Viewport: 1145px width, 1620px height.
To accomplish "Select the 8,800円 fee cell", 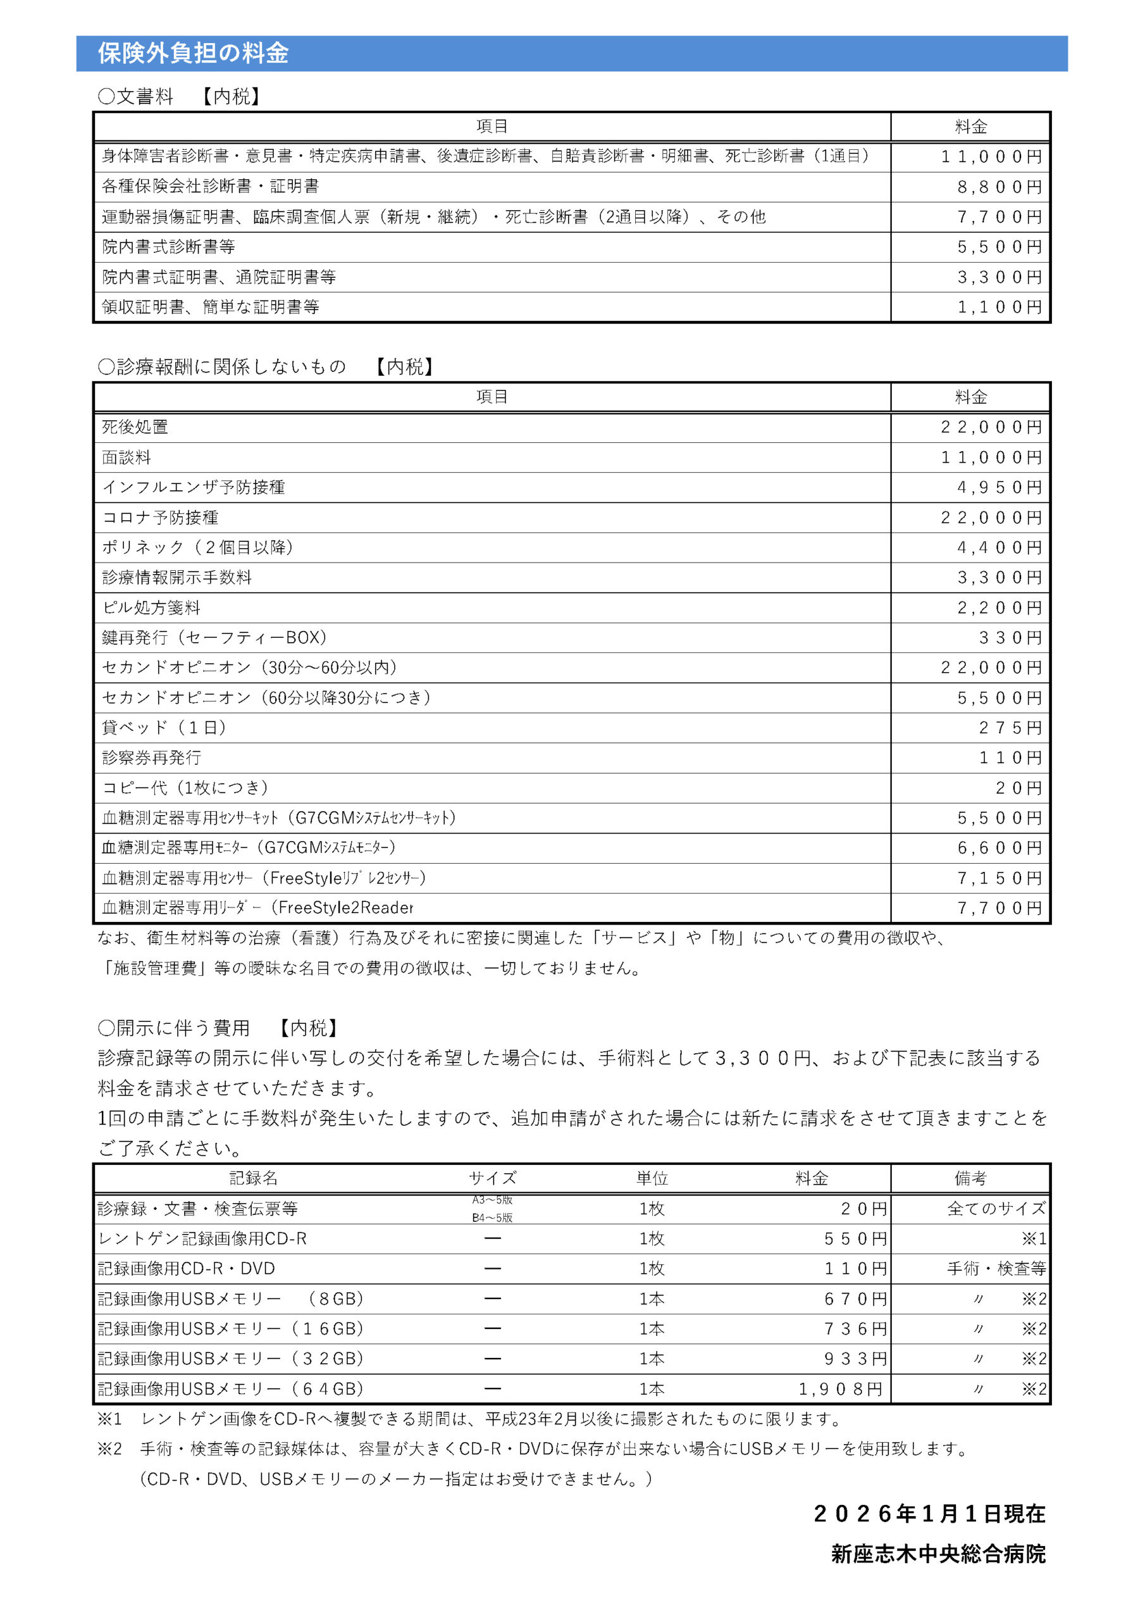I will pos(999,187).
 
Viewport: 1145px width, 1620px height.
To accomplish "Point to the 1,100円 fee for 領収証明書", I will pos(999,307).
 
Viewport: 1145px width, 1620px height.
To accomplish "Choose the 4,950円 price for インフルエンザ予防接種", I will pos(999,487).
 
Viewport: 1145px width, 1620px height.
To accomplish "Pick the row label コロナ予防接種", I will pos(160,517).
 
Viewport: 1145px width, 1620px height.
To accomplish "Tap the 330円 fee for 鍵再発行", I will pos(1010,638).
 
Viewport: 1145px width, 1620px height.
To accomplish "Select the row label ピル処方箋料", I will pos(152,607).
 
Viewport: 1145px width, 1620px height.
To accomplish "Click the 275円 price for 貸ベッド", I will pos(1010,728).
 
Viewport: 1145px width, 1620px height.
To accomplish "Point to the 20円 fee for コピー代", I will pos(1018,787).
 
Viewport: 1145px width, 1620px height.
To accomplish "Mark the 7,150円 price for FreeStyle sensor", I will pos(999,878).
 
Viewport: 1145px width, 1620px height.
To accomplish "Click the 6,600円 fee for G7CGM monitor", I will pos(999,847).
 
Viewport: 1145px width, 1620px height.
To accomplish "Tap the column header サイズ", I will pos(492,1178).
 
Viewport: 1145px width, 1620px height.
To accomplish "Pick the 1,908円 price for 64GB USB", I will pos(840,1388).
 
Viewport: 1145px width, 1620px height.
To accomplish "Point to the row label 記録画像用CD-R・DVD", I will pos(186,1268).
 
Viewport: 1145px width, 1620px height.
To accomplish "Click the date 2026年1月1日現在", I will pos(929,1514).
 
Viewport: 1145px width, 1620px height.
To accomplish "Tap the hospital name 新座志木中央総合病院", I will pos(938,1554).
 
